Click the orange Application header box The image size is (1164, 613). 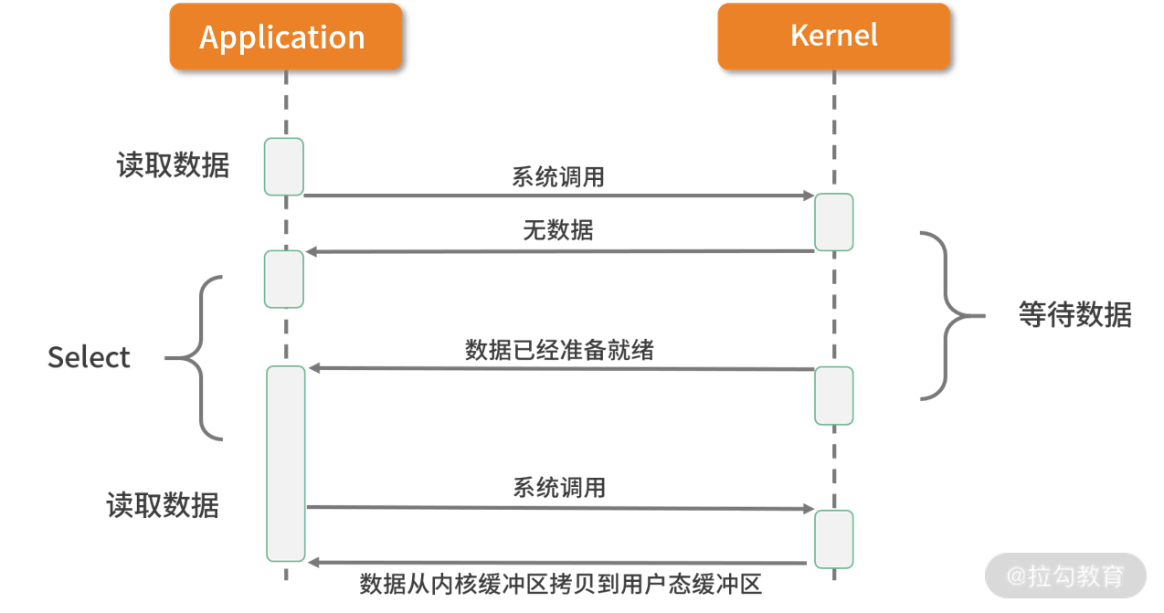coord(285,37)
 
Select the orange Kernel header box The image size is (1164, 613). coord(833,37)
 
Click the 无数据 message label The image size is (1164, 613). coord(557,230)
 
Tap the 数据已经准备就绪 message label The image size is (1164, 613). coord(559,350)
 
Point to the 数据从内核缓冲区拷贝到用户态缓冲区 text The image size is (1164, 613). coord(560,585)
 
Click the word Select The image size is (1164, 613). coord(89,357)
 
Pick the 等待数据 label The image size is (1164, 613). coord(1074,315)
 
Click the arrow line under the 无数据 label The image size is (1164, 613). coord(559,250)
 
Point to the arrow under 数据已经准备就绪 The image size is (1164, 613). coord(559,368)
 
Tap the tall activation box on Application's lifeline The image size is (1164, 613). coord(285,463)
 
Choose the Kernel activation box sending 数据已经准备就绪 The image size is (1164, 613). coord(834,395)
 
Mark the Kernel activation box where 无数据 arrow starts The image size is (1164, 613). coord(834,222)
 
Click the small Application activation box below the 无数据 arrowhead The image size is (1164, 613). coord(283,279)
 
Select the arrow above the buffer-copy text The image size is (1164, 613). coord(559,563)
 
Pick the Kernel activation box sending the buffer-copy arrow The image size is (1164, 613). coord(834,539)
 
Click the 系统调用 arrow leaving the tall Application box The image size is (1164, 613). coord(559,508)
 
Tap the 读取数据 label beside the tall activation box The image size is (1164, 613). coord(163,505)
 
